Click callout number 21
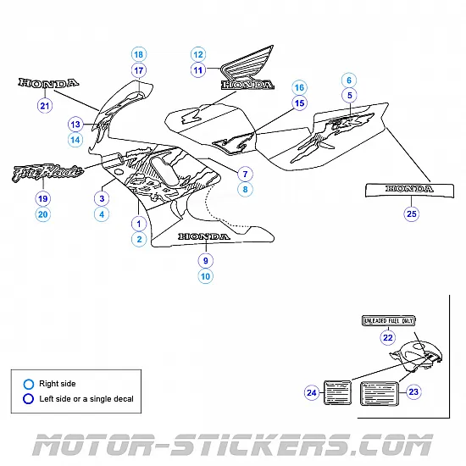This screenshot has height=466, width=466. pyautogui.click(x=45, y=106)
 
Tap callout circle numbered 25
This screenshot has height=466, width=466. pyautogui.click(x=411, y=214)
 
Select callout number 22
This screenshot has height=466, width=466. pyautogui.click(x=388, y=337)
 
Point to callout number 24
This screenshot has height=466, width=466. pyautogui.click(x=312, y=392)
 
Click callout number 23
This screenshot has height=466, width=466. pyautogui.click(x=413, y=391)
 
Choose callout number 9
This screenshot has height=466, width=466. pyautogui.click(x=205, y=260)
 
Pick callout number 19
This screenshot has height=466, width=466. pyautogui.click(x=42, y=198)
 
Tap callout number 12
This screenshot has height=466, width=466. pyautogui.click(x=198, y=53)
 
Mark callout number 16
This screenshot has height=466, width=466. pyautogui.click(x=298, y=87)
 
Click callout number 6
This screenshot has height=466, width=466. pyautogui.click(x=348, y=80)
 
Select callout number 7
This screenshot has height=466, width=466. pyautogui.click(x=244, y=174)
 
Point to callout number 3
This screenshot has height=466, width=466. pyautogui.click(x=102, y=198)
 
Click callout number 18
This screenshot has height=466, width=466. pyautogui.click(x=139, y=54)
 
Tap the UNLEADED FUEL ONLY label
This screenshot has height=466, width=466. pyautogui.click(x=388, y=321)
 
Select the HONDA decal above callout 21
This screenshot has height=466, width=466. pyautogui.click(x=49, y=83)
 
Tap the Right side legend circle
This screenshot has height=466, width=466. pyautogui.click(x=29, y=384)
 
